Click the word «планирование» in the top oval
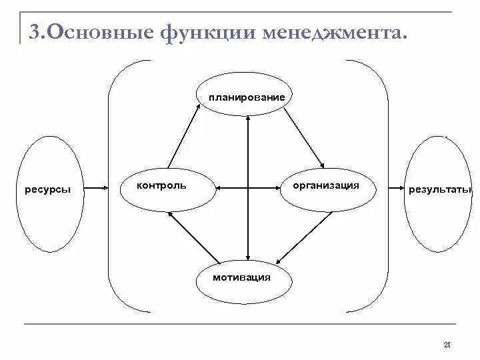point(246,97)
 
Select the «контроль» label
point(161,185)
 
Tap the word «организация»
point(325,185)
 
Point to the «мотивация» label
point(241,277)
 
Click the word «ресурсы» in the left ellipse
point(47,189)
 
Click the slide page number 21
point(447,344)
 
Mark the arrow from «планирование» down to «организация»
point(303,138)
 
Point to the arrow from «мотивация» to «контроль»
point(193,237)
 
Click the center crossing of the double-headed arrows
point(248,188)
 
